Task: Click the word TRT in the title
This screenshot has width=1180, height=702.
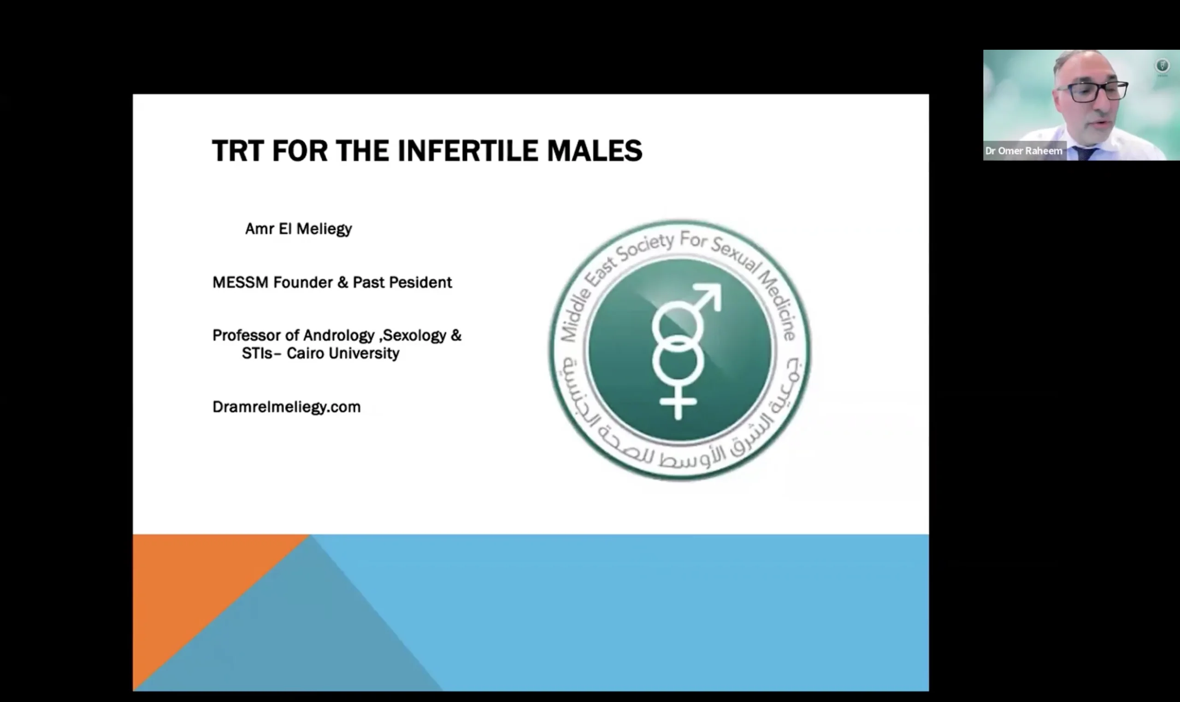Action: (x=237, y=151)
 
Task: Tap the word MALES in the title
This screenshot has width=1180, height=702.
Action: (x=595, y=151)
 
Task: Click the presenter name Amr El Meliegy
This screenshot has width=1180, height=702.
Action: (x=298, y=229)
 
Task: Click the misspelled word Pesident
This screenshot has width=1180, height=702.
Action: (x=420, y=282)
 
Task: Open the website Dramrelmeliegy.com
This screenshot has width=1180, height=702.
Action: (x=286, y=407)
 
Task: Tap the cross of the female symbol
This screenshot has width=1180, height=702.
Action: (x=678, y=402)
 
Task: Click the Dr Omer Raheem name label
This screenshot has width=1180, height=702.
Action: (x=1024, y=151)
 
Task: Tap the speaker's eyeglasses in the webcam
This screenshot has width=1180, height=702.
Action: (x=1093, y=91)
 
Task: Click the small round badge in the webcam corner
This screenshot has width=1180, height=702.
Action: (x=1162, y=65)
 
